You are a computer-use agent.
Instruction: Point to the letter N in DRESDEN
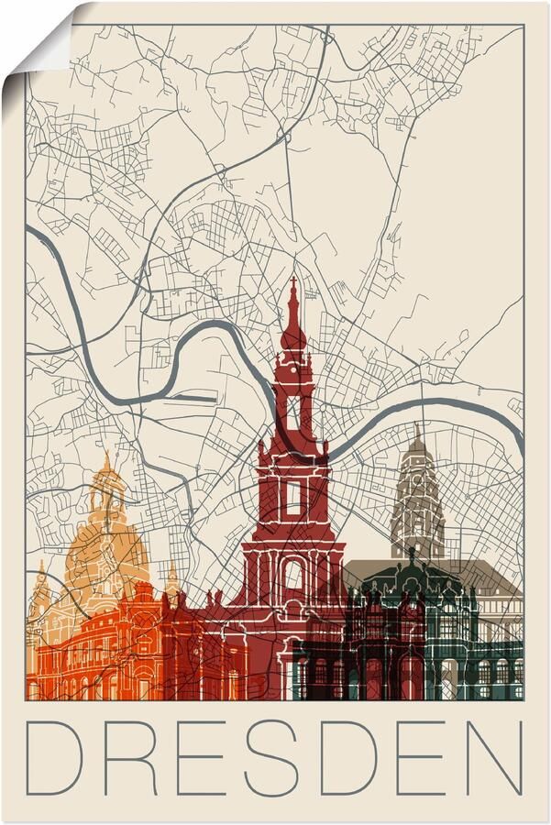coord(493,755)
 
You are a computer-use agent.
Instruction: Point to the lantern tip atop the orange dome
coord(106,458)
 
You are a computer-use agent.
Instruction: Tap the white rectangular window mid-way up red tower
coord(293,497)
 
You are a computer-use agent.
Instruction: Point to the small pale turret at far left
coord(39,591)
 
